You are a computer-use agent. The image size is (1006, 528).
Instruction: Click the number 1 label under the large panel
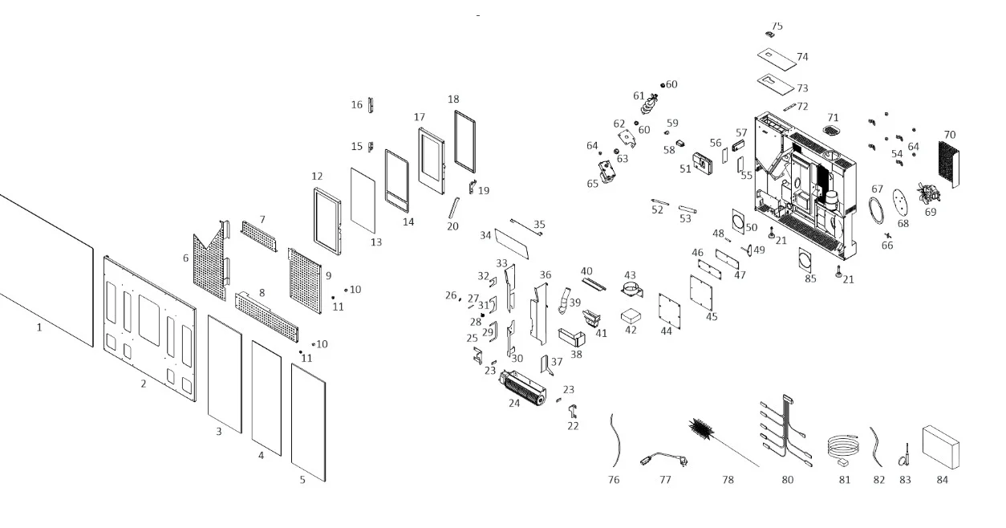coord(39,327)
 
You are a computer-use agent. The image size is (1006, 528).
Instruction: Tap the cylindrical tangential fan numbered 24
coord(523,388)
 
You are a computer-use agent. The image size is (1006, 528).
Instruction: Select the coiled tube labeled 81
coord(842,447)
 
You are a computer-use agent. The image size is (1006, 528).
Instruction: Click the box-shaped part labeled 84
coord(940,447)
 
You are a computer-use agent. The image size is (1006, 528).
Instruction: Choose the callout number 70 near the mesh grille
coord(949,135)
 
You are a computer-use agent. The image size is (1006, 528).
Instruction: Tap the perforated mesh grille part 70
coord(948,164)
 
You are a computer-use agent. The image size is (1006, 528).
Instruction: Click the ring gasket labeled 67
coord(876,210)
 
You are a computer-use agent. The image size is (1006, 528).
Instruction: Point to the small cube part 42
coord(631,316)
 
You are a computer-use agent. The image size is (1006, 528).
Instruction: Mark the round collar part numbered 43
coord(632,290)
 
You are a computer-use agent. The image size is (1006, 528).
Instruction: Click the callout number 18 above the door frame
coord(453,100)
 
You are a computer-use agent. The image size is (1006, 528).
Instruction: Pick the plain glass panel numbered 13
coord(363,201)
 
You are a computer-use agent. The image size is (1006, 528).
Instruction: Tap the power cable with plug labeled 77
coord(663,458)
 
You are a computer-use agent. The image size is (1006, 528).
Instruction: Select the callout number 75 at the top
coord(777,26)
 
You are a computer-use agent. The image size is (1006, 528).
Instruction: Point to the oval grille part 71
coord(831,130)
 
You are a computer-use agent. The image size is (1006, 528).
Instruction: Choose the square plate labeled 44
coord(670,311)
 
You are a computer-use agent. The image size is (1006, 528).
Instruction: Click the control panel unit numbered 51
coord(702,164)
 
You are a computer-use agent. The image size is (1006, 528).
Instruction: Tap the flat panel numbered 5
coord(309,422)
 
